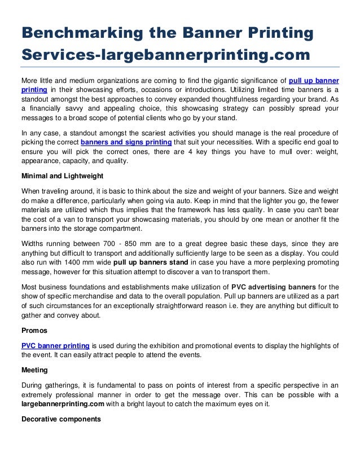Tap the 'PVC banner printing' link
tap(55, 346)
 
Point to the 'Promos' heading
tap(34, 330)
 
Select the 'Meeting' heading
tap(36, 371)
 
